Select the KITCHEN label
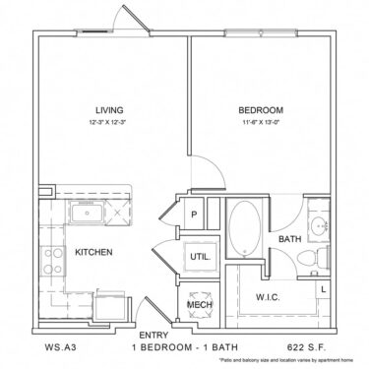tap(94, 252)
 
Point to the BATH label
tap(290, 238)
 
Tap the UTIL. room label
tap(198, 257)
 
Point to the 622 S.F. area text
tap(310, 346)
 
